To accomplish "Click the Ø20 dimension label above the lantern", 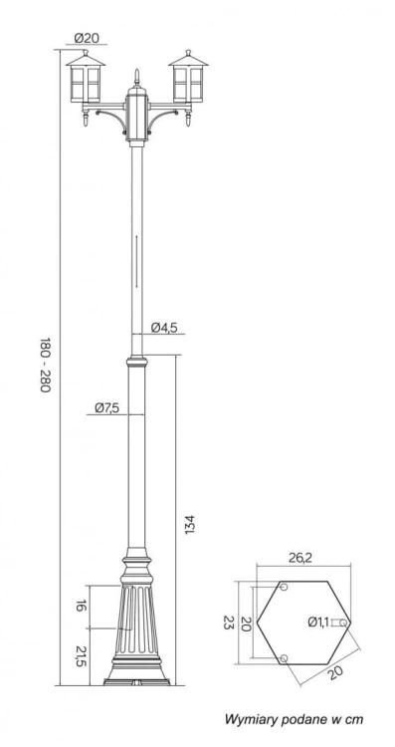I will [x=88, y=39].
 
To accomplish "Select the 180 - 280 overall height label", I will [x=45, y=365].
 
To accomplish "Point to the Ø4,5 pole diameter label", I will [x=164, y=328].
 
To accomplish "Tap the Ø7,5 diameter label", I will [x=107, y=407].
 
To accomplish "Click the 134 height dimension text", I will [x=189, y=524].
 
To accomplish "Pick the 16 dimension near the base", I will [x=82, y=607].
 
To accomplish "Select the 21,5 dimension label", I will [x=82, y=656].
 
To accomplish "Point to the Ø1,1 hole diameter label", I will [x=317, y=622].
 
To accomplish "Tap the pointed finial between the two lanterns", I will [x=136, y=77].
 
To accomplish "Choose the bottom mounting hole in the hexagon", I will [x=285, y=658].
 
